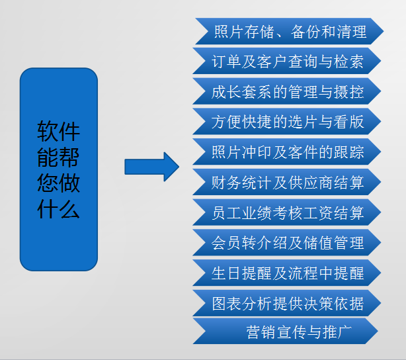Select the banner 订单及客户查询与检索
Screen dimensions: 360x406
(288, 62)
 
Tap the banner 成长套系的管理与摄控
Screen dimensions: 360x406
(288, 92)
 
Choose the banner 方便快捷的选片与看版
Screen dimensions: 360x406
(288, 122)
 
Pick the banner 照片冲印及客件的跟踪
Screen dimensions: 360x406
(288, 153)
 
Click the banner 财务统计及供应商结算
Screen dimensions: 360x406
(288, 182)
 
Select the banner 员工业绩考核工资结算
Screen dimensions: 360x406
(288, 212)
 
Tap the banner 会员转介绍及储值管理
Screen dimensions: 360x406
(288, 243)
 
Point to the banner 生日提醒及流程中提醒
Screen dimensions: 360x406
(288, 273)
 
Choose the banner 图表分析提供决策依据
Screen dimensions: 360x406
(288, 303)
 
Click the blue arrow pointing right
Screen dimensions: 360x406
(151, 166)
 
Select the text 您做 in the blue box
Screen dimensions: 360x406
(58, 183)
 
